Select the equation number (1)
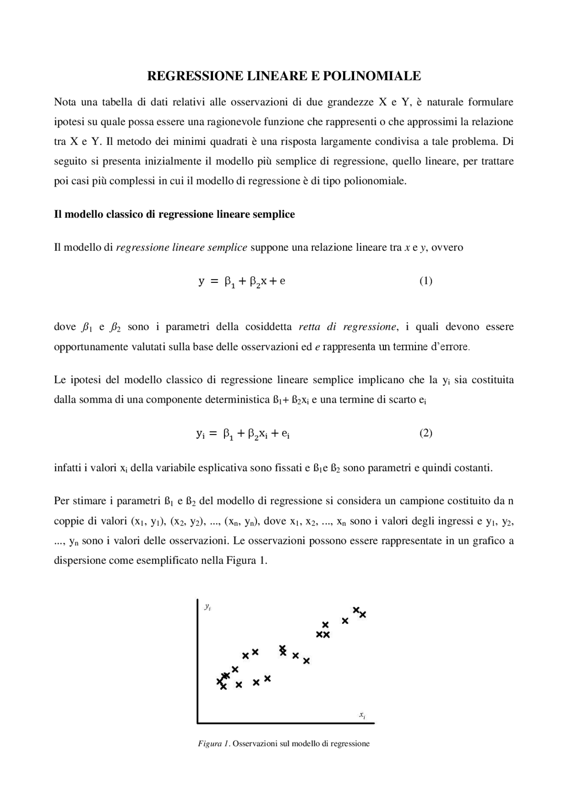tap(426, 281)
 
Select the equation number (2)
tap(426, 433)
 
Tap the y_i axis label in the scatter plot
tap(207, 606)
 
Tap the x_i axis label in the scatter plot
tap(362, 715)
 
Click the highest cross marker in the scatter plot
tap(356, 610)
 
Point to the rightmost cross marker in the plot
tap(363, 614)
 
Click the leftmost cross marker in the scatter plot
tap(219, 681)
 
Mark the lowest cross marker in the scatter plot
tap(223, 687)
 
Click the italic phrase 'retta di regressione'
tap(347, 327)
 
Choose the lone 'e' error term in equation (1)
tap(283, 281)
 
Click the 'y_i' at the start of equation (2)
tap(200, 434)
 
